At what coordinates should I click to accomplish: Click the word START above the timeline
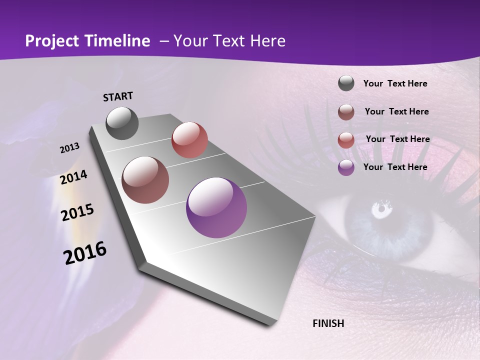click(118, 96)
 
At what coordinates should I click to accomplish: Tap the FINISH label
click(328, 323)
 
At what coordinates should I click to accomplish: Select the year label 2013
click(70, 148)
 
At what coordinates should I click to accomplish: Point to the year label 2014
click(74, 177)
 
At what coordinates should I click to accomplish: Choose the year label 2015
click(77, 212)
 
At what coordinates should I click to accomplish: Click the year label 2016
click(85, 252)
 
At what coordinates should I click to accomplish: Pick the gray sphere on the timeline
click(122, 123)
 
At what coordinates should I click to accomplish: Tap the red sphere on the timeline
click(189, 140)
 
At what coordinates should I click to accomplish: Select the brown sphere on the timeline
click(145, 180)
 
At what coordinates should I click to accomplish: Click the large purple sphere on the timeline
click(216, 207)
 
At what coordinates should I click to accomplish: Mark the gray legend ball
click(346, 83)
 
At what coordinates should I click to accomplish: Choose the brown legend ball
click(346, 112)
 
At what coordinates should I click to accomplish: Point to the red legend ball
click(346, 139)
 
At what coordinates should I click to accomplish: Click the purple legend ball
click(346, 167)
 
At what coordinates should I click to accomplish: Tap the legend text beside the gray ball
click(395, 83)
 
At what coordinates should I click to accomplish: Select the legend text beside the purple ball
click(395, 167)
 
